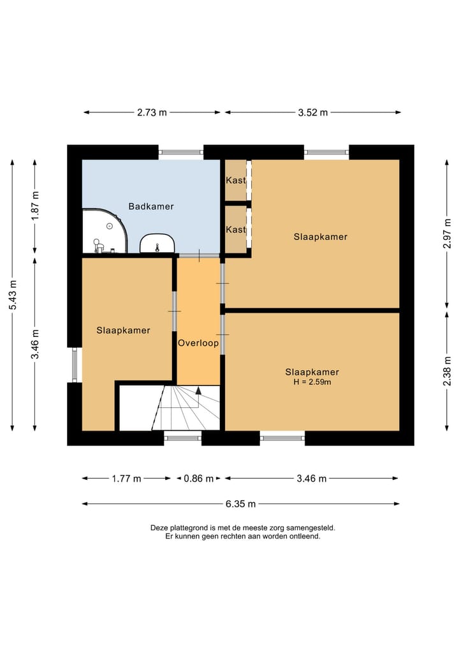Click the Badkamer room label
pos(151,206)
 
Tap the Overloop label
pos(198,343)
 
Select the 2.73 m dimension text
pos(152,112)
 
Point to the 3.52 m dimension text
pos(313,112)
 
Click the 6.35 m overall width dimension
pos(241,504)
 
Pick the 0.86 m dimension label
pos(199,479)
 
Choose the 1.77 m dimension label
pos(126,479)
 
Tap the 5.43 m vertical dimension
pos(13,295)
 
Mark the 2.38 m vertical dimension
pos(447,371)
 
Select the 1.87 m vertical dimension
pos(36,205)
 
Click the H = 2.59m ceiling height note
pos(312,382)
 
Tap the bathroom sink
pos(157,243)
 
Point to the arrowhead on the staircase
pos(198,391)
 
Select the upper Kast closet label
pos(236,180)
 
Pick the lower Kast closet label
pos(236,229)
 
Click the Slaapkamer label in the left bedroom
pos(123,331)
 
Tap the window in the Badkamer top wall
pos(181,153)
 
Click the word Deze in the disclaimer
pos(158,528)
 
